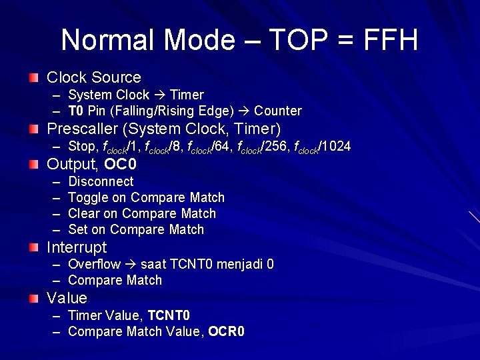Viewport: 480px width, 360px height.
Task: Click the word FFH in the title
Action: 391,40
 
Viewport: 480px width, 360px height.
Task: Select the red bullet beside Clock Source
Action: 34,78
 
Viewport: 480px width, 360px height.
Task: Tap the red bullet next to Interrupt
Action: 34,247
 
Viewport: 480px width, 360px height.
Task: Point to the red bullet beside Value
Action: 34,298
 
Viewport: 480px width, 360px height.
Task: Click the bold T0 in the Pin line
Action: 76,111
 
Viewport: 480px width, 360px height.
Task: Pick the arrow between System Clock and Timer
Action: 160,95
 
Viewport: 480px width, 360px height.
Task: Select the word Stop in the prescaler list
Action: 82,146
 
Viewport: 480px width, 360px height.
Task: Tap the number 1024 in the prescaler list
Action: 336,146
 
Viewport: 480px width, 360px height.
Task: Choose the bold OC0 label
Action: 121,164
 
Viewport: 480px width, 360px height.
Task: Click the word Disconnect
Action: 101,181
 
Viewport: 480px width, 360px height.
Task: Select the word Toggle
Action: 89,197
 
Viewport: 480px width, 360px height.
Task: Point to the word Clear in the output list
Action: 84,213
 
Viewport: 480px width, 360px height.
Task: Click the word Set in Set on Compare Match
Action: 78,229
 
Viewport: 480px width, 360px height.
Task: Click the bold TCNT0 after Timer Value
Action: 169,315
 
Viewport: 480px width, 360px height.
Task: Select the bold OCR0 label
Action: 226,331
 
